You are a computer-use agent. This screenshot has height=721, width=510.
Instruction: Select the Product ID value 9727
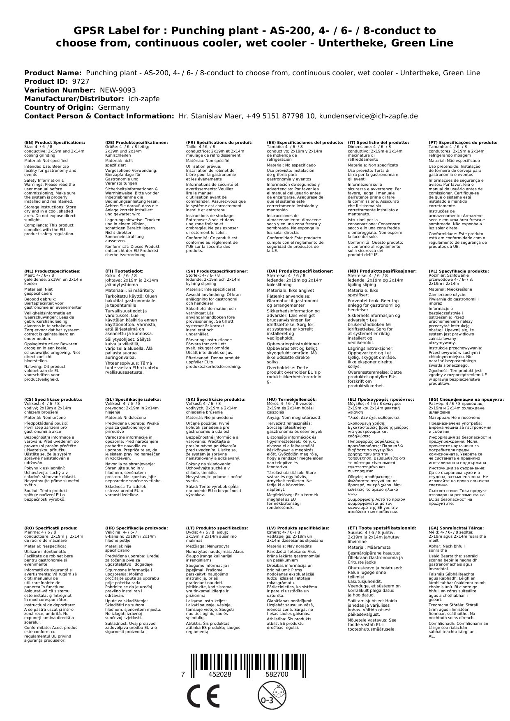pyautogui.click(x=80, y=81)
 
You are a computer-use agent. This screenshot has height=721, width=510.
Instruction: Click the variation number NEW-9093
pyautogui.click(x=118, y=90)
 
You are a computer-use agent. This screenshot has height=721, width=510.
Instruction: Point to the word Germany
pyautogui.click(x=113, y=107)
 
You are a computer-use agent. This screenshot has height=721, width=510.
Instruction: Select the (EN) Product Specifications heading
pyautogui.click(x=55, y=142)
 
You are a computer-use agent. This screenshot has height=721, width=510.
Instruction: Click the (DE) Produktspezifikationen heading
pyautogui.click(x=136, y=142)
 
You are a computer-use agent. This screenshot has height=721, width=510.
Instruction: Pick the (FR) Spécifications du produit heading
pyautogui.click(x=219, y=142)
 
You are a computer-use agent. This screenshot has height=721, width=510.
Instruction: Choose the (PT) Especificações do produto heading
pyautogui.click(x=463, y=142)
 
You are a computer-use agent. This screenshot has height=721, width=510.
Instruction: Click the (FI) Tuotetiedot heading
pyautogui.click(x=124, y=271)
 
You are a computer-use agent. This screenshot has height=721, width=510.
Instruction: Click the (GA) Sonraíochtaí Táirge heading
pyautogui.click(x=450, y=528)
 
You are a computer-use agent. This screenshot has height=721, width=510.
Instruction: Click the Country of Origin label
pyautogui.click(x=59, y=107)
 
